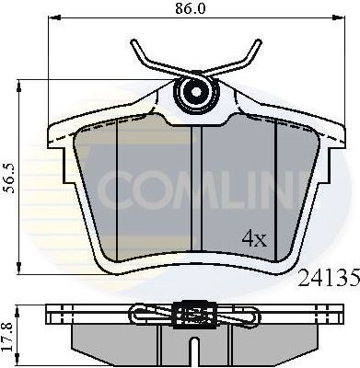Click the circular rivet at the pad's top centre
(x=194, y=92)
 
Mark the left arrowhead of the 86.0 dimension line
(x=50, y=17)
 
